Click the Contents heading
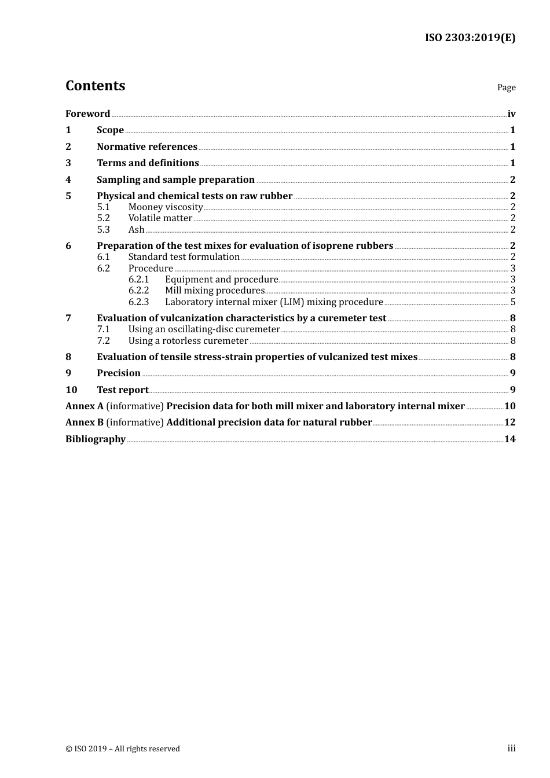(x=95, y=86)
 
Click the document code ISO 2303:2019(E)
(x=470, y=38)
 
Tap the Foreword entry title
(x=87, y=113)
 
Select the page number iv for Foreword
(x=511, y=113)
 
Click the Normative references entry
(x=146, y=146)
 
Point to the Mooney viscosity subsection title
(x=165, y=207)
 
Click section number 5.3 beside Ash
(x=103, y=229)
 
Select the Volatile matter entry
(x=160, y=218)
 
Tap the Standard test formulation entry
(x=184, y=256)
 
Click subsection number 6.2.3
(x=138, y=302)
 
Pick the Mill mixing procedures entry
(x=214, y=291)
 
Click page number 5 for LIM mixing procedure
(x=513, y=302)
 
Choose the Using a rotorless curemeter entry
(x=188, y=340)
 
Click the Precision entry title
(x=118, y=373)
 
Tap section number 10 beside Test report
(x=71, y=390)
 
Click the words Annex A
(x=85, y=406)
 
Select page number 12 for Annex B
(x=509, y=422)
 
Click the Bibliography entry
(x=95, y=439)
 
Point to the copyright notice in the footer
(x=122, y=748)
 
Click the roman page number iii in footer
(x=511, y=748)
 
